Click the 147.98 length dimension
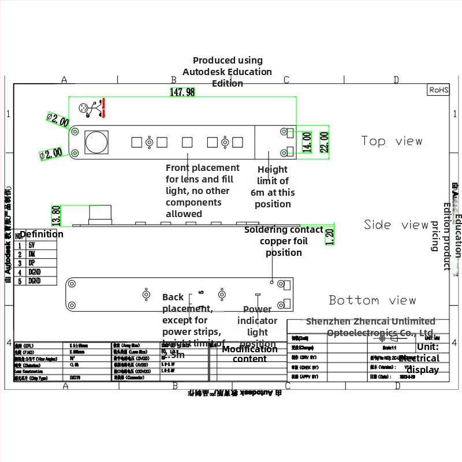point(182,92)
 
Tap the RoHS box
point(438,90)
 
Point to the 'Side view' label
point(396,225)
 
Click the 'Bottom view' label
point(372,300)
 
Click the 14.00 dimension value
point(307,142)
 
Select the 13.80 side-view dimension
point(56,215)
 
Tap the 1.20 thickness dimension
point(330,236)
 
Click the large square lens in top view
point(96,141)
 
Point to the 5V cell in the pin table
point(32,245)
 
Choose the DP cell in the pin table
point(32,263)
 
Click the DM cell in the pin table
point(32,254)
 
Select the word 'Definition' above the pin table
point(42,234)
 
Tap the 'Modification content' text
point(249,353)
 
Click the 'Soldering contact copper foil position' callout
point(284,241)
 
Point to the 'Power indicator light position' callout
point(257,326)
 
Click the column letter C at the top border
point(286,80)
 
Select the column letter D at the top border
point(396,80)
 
